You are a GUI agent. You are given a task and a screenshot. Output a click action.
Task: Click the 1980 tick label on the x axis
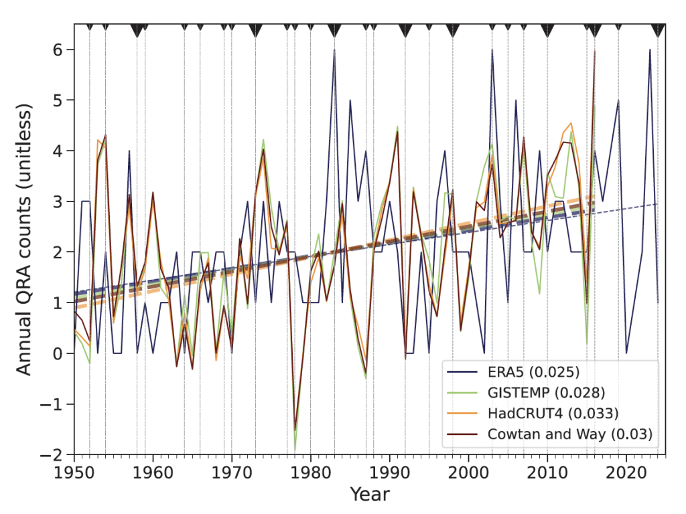tap(310, 470)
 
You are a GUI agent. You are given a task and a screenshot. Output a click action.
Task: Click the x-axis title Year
tap(369, 495)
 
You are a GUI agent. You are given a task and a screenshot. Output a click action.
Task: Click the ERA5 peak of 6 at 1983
tap(334, 50)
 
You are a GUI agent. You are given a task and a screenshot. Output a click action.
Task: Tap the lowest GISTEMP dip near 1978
tap(295, 450)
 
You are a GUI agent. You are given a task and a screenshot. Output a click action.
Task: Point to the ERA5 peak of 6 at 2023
tap(649, 50)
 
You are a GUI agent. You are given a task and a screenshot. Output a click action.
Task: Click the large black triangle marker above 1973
tap(255, 29)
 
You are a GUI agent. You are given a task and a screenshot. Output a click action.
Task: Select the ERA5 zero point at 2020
tap(626, 353)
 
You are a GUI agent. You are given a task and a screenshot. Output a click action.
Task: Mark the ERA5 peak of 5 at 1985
tap(350, 100)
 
